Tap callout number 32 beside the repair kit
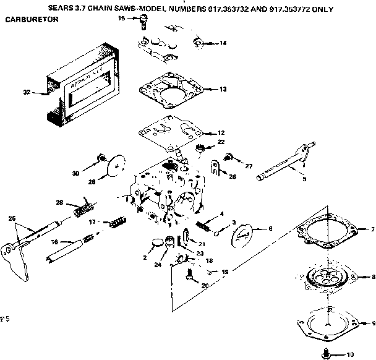click(x=27, y=92)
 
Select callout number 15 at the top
click(x=122, y=19)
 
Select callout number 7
click(x=372, y=229)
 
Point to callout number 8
click(x=372, y=277)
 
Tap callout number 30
click(x=76, y=173)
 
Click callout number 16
click(x=54, y=242)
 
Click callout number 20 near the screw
click(x=203, y=286)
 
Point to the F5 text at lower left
click(x=6, y=320)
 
